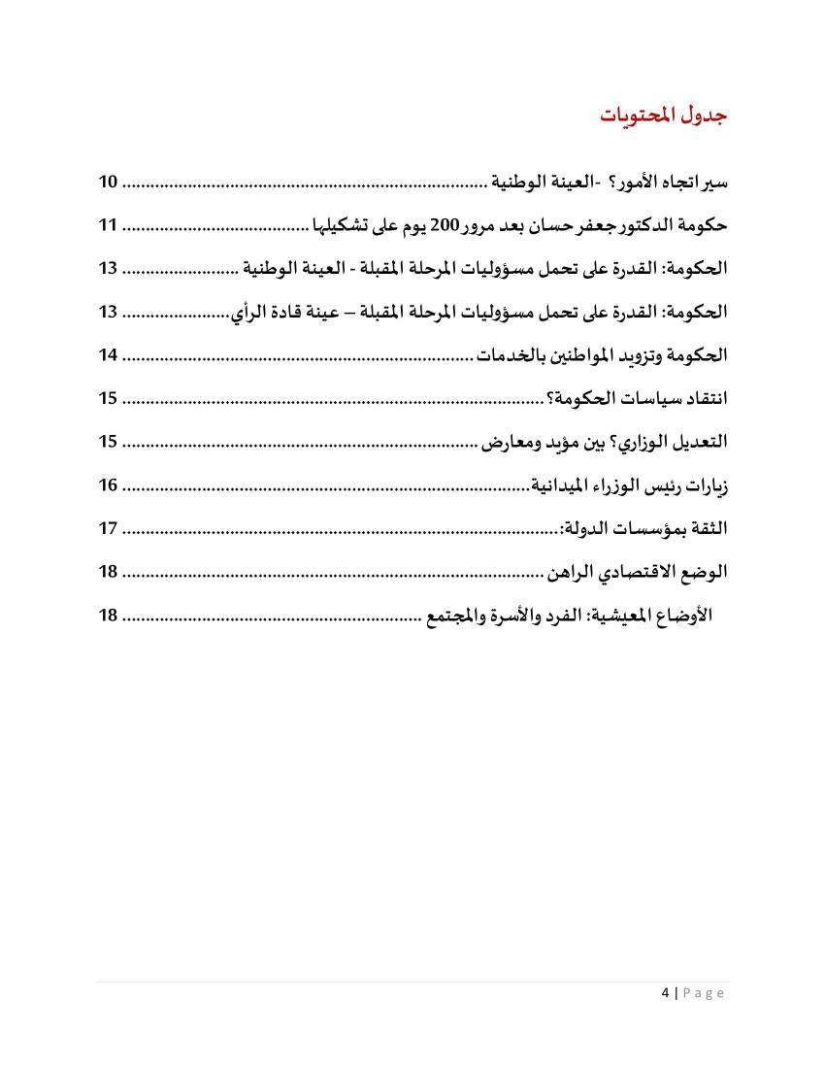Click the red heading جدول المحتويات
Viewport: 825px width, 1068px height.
pyautogui.click(x=663, y=115)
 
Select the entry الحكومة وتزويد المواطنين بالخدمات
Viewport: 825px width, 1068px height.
pyautogui.click(x=601, y=355)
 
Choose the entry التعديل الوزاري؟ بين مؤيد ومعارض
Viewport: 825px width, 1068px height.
pyautogui.click(x=605, y=442)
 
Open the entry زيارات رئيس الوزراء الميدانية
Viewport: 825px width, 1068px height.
pyautogui.click(x=629, y=484)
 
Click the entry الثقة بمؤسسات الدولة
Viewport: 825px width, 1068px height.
pyautogui.click(x=643, y=528)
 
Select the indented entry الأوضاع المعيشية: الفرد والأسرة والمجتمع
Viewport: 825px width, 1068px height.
pyautogui.click(x=570, y=615)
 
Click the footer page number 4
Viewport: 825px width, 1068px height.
pyautogui.click(x=665, y=992)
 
